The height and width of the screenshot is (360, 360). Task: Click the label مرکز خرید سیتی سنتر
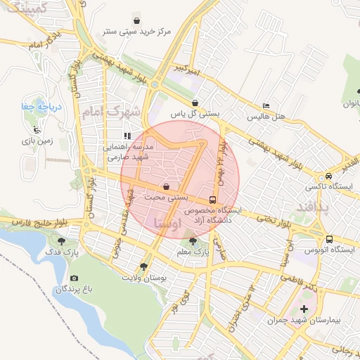139,32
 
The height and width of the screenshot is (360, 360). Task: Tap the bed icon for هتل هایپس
266,105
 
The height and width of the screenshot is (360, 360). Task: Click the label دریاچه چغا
40,107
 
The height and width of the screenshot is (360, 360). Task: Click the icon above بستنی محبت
166,187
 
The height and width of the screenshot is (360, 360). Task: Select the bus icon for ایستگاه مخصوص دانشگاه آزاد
213,199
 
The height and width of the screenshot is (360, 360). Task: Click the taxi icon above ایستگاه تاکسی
328,176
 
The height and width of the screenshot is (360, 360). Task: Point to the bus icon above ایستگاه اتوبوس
330,238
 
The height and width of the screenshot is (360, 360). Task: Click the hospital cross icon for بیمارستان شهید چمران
304,309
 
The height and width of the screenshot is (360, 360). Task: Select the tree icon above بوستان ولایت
144,267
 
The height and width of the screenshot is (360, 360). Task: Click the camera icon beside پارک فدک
75,278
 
